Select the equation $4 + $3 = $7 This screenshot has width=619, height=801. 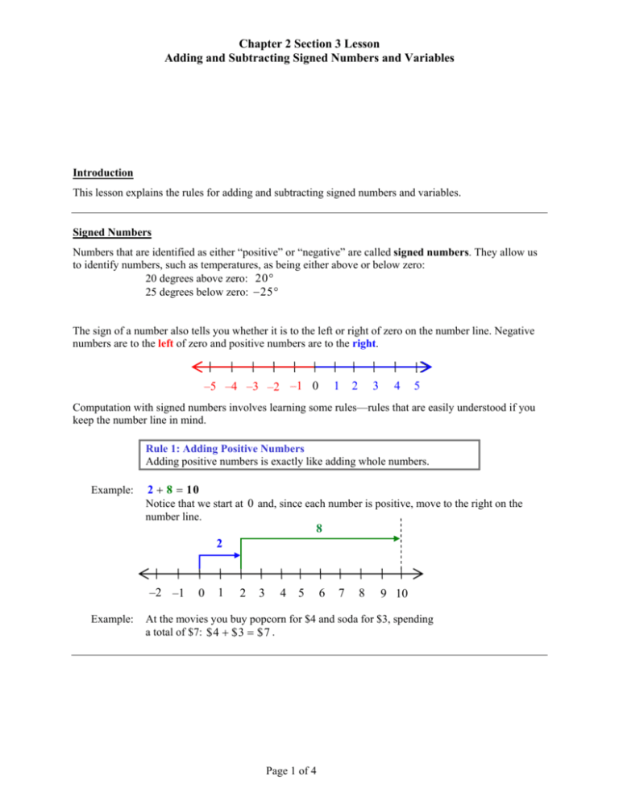[x=245, y=658]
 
